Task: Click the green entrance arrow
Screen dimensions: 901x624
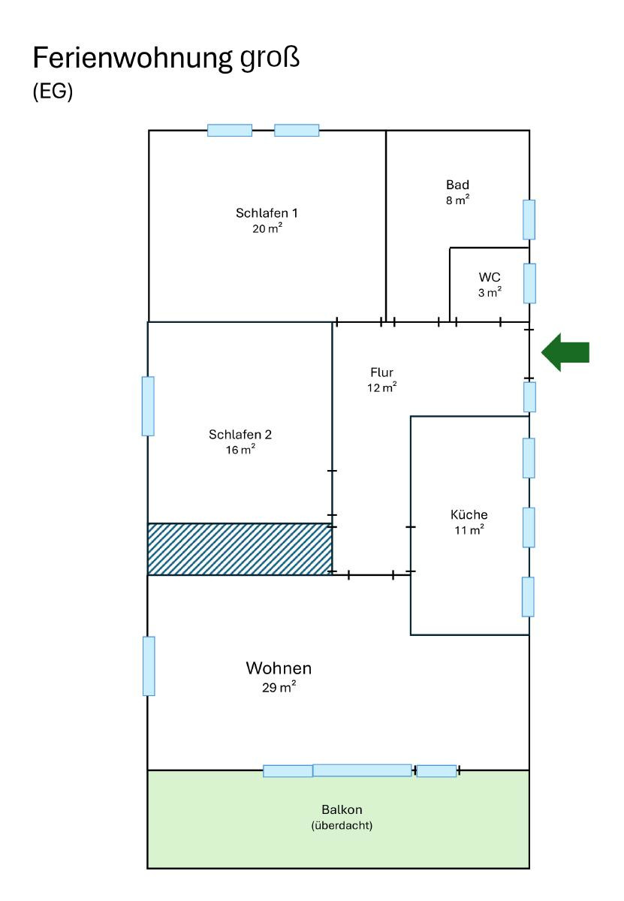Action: [566, 352]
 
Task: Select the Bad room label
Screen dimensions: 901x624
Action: [457, 185]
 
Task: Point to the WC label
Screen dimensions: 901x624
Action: [490, 277]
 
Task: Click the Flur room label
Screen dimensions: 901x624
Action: [381, 372]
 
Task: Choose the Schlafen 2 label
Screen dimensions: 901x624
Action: [240, 434]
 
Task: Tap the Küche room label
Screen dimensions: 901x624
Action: [469, 514]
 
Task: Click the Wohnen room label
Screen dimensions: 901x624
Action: [279, 667]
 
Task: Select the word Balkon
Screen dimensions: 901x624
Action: [342, 809]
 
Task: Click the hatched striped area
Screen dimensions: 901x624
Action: [240, 549]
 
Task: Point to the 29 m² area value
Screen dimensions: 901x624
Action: [279, 687]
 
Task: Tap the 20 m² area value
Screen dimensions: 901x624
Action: [267, 229]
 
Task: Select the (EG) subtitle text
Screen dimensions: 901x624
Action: [53, 92]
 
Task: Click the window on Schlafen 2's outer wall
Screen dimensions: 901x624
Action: [148, 406]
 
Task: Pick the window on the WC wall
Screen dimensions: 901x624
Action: [529, 283]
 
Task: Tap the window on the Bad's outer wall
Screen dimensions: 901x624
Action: [529, 219]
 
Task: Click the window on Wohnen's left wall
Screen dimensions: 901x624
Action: [149, 666]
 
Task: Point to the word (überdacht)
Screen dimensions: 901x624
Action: [342, 825]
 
